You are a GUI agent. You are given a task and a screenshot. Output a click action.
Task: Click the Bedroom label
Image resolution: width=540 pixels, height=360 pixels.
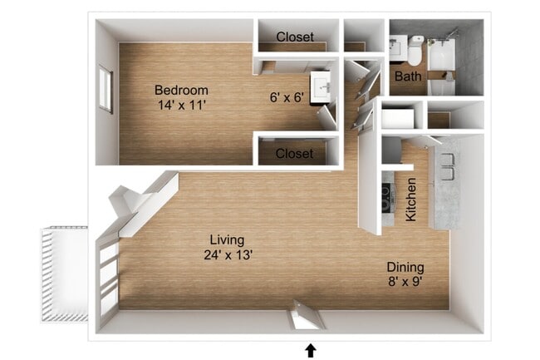point(180,90)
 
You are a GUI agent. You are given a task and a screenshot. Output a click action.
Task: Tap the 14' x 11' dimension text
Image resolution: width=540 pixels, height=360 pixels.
point(180,106)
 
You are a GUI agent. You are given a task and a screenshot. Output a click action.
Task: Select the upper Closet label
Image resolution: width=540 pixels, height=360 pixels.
point(295,37)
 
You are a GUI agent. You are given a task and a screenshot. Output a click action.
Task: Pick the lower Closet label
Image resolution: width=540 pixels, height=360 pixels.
point(295,154)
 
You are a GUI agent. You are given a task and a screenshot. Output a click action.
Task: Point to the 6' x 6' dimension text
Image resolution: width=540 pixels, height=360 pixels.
point(289,97)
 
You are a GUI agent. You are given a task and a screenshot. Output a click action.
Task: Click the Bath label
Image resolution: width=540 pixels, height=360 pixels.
point(407,76)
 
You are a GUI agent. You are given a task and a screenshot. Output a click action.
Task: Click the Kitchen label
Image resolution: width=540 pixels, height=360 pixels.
point(410,200)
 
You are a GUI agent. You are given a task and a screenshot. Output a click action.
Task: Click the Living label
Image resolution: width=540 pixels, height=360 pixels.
point(226,239)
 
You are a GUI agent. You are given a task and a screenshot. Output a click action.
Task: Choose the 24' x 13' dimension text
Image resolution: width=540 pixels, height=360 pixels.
point(226,255)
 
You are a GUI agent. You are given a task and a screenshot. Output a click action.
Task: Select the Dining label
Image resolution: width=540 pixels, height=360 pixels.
point(405,267)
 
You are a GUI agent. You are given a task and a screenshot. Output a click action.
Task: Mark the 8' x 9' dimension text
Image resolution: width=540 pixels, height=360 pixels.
point(405,283)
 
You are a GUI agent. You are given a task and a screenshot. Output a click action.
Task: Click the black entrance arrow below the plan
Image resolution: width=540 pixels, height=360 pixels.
point(311,350)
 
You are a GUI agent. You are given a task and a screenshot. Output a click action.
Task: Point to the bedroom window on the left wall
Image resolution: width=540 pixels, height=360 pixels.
point(106,90)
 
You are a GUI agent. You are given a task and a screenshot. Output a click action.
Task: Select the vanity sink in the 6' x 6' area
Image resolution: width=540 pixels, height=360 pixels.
point(321,86)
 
